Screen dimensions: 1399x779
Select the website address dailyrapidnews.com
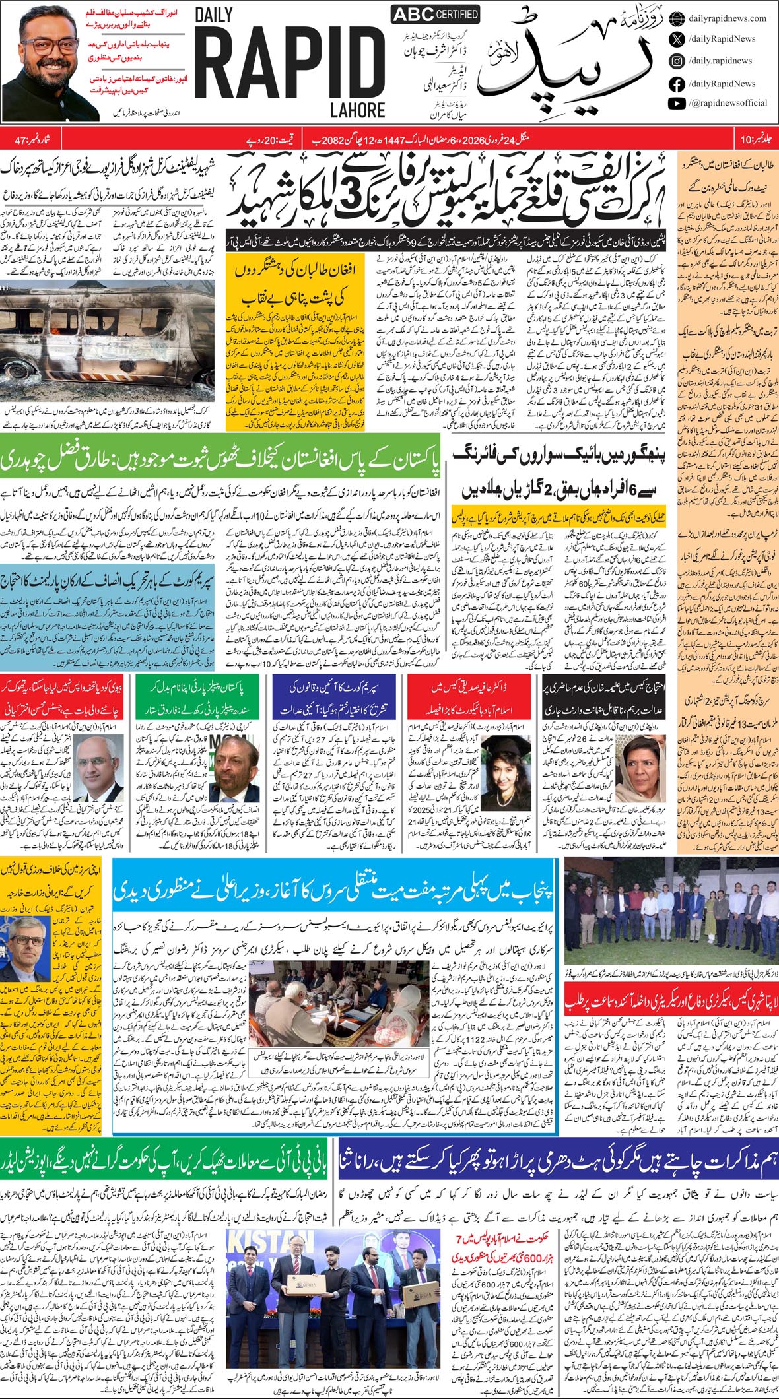727,18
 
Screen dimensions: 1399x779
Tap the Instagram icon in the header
677,61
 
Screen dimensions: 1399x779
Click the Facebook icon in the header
677,84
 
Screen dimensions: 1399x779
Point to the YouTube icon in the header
677,103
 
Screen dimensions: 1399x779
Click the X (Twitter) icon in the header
677,39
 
